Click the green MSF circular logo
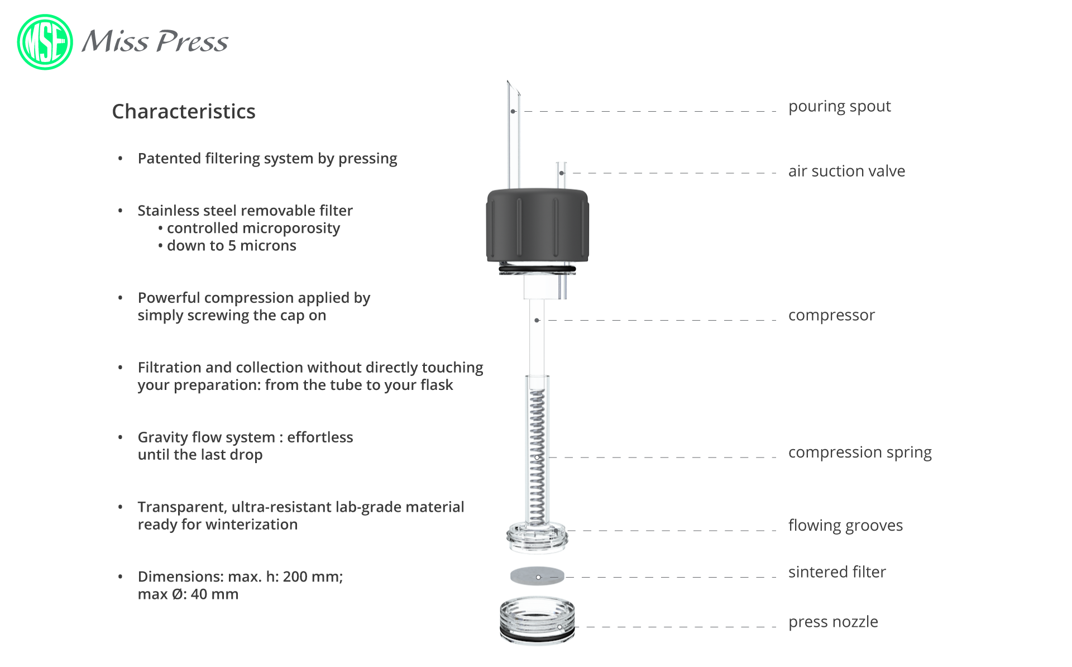point(45,42)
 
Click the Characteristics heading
point(184,111)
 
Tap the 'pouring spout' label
point(839,106)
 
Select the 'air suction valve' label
point(846,171)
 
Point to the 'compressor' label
point(831,316)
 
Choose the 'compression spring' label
point(860,452)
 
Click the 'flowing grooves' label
point(845,526)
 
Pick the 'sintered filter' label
point(837,572)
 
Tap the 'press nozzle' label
point(833,622)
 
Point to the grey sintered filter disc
point(537,576)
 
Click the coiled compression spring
point(537,457)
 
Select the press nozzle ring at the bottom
point(537,621)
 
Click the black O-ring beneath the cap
point(537,269)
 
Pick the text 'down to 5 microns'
point(232,246)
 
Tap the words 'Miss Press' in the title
point(155,41)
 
